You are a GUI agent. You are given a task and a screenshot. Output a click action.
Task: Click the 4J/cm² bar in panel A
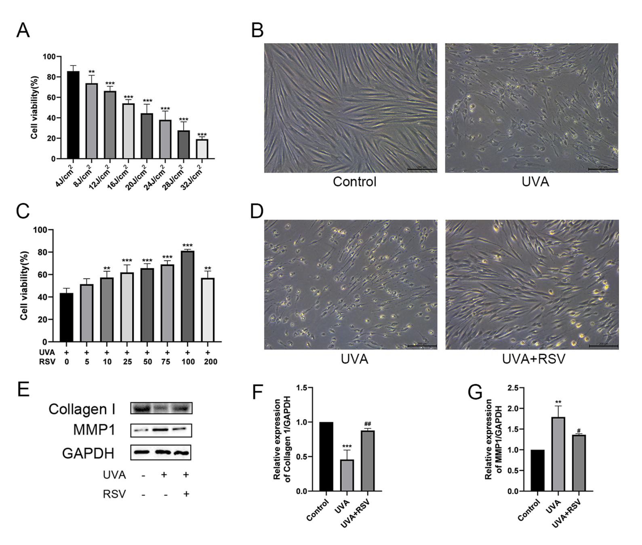[x=73, y=115]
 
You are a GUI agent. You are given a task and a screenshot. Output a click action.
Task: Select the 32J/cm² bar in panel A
[x=202, y=149]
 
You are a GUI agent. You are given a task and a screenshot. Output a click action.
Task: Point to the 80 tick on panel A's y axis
[x=51, y=77]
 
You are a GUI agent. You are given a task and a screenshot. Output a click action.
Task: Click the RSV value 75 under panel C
[x=167, y=362]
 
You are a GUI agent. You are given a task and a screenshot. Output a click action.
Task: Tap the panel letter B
[x=257, y=30]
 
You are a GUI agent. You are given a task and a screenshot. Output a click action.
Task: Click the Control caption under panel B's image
[x=354, y=182]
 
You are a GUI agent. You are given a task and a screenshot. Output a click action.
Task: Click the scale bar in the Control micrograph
[x=422, y=169]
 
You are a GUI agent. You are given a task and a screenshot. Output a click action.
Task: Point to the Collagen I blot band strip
[x=161, y=408]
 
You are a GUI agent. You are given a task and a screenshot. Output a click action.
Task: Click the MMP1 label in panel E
[x=94, y=430]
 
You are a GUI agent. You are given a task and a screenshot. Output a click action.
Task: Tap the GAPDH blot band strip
[x=161, y=452]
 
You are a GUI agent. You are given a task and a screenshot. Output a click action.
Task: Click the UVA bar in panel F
[x=347, y=475]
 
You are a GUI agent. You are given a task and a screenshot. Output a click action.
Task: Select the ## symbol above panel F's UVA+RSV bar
[x=368, y=424]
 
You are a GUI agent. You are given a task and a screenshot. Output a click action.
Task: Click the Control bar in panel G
[x=537, y=470]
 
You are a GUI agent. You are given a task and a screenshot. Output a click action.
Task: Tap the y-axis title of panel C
[x=24, y=286]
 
